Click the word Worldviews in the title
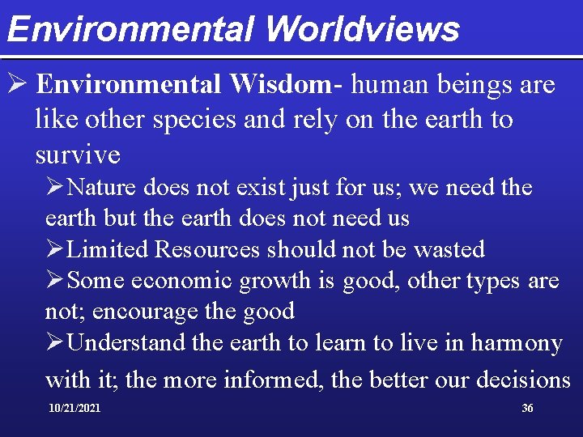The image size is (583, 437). coord(361,29)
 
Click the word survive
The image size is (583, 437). coord(78,154)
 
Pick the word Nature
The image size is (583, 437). coord(102,188)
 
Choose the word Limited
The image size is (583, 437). coord(108,249)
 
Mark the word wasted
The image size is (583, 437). coord(449,249)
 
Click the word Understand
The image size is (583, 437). coord(127,343)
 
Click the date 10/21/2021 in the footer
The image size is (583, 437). coord(74,409)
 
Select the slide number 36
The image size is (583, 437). coord(527,409)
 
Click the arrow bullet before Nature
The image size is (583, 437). coord(55,188)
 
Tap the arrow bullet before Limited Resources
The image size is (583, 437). coord(55,249)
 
